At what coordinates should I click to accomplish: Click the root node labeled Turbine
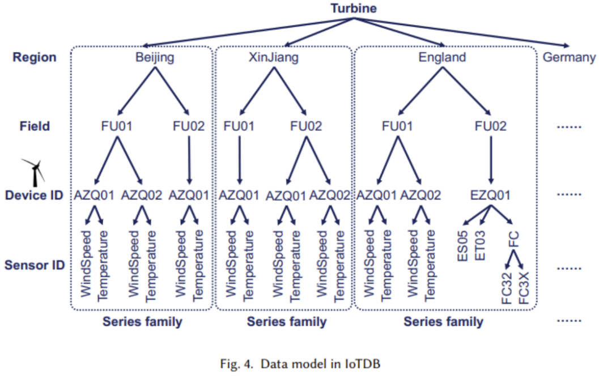click(x=354, y=8)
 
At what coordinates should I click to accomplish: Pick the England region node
click(x=442, y=57)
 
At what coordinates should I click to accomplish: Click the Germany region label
click(x=569, y=57)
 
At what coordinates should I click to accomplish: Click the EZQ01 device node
click(x=490, y=195)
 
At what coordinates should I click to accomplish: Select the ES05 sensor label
click(x=463, y=245)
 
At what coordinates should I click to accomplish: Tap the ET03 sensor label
click(x=481, y=245)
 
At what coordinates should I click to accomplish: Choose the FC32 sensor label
click(x=507, y=288)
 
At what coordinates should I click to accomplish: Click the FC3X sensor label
click(x=524, y=288)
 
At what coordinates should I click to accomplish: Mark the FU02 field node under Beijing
click(x=188, y=126)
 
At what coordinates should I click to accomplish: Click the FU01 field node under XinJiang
click(x=239, y=126)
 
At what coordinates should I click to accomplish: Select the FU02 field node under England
click(x=491, y=126)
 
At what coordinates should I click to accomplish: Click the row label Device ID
click(x=35, y=196)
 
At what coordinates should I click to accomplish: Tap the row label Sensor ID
click(x=35, y=265)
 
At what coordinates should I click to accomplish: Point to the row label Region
click(x=35, y=57)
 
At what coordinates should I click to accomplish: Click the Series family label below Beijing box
click(x=142, y=322)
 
